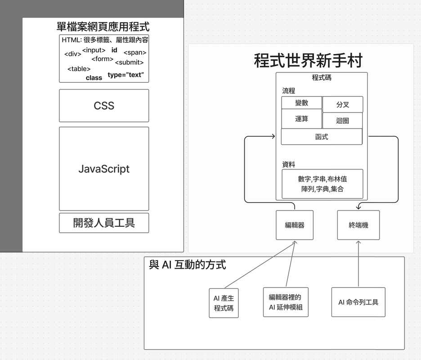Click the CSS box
[x=104, y=106]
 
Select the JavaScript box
[x=104, y=169]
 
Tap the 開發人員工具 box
[x=104, y=223]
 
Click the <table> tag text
[x=79, y=69]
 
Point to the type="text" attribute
[x=125, y=75]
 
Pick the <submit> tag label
[x=129, y=63]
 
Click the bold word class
[x=94, y=78]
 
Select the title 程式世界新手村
[x=308, y=60]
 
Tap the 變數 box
[x=301, y=103]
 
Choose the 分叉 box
[x=343, y=105]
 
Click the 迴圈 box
[x=343, y=121]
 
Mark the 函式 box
[x=322, y=137]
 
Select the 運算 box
[x=301, y=119]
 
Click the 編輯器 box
[x=295, y=225]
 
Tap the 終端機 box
[x=358, y=225]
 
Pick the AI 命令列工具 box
[x=358, y=302]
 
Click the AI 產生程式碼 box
[x=224, y=303]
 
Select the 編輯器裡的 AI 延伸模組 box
[x=286, y=302]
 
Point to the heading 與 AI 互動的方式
[x=188, y=265]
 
